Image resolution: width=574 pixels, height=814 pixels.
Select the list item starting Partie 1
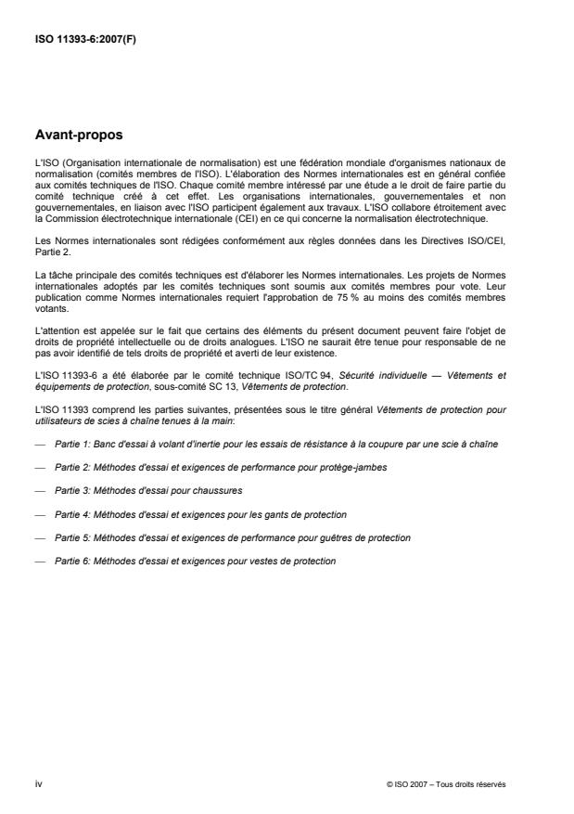click(276, 445)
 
